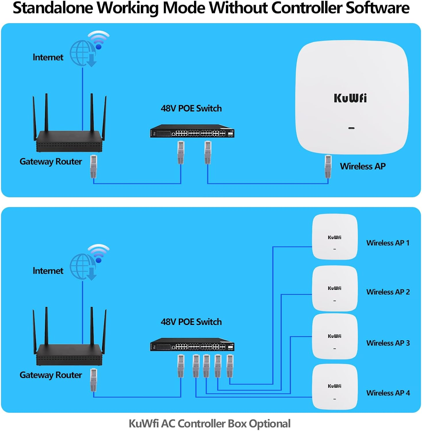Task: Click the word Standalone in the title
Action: tap(53, 8)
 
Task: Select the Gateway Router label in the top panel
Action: tap(51, 161)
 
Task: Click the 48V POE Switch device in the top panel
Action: tap(192, 131)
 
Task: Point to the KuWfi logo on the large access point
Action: tap(350, 98)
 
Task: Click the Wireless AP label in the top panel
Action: tap(362, 166)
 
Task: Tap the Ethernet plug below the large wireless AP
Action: tap(328, 166)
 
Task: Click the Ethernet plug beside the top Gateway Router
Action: tap(93, 166)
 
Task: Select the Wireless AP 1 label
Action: tap(388, 243)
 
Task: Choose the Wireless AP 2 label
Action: tap(388, 292)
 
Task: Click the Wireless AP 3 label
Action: tap(388, 343)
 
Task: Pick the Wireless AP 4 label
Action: tap(388, 393)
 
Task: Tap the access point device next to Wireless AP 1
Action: tap(335, 237)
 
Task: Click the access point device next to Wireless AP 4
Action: tap(335, 387)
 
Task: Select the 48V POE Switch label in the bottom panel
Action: tap(191, 322)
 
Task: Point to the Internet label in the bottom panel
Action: tap(48, 271)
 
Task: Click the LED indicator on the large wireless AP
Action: tap(351, 128)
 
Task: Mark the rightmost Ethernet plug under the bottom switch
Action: tap(230, 366)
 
